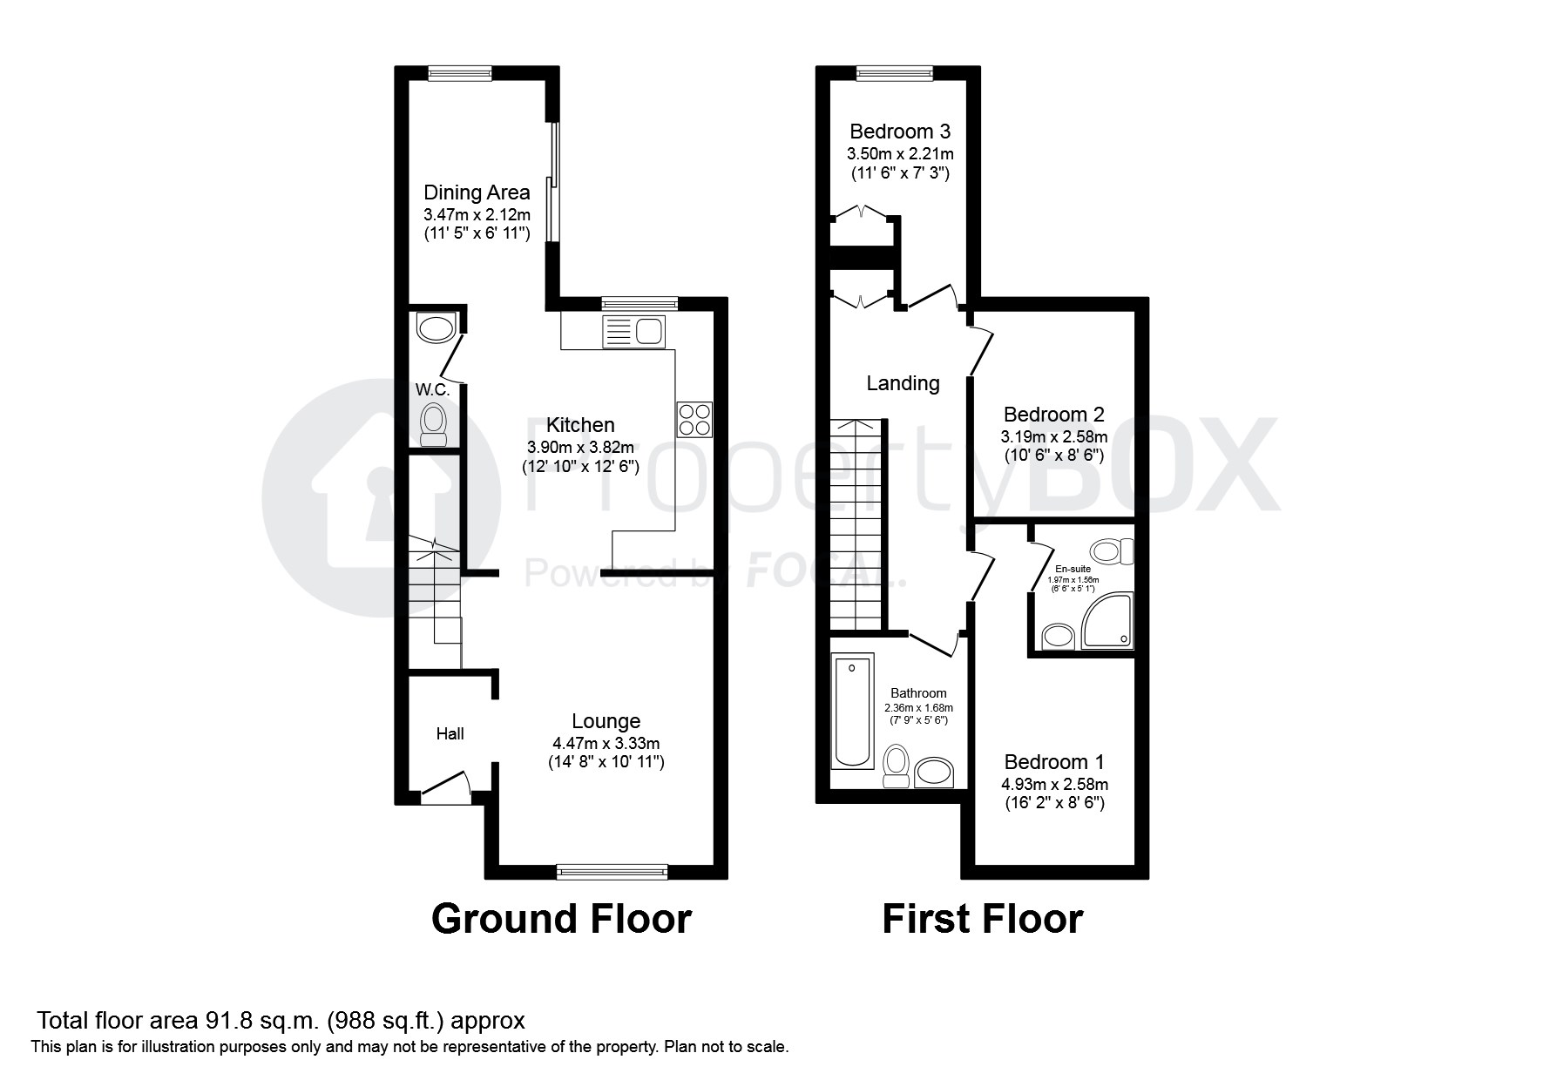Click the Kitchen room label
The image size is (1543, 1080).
coord(580,425)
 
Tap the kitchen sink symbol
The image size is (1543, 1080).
coord(633,332)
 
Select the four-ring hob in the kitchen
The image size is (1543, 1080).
coord(694,419)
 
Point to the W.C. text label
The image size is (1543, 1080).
coord(433,389)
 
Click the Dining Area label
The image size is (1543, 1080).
coord(477,192)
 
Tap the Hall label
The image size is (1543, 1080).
coord(450,734)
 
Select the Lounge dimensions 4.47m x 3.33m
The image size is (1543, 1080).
coord(606,744)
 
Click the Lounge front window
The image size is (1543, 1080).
coord(612,870)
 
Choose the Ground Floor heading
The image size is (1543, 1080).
coord(562,919)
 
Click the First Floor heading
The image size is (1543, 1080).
coord(982,919)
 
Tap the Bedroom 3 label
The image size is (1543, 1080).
coord(900,132)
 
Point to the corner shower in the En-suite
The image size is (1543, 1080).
coord(1108,622)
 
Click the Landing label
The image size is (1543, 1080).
coord(903,383)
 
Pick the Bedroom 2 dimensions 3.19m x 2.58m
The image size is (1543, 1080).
coord(1054,436)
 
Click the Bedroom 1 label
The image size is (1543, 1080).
coord(1054,762)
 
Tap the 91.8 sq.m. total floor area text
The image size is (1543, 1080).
coord(265,1020)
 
